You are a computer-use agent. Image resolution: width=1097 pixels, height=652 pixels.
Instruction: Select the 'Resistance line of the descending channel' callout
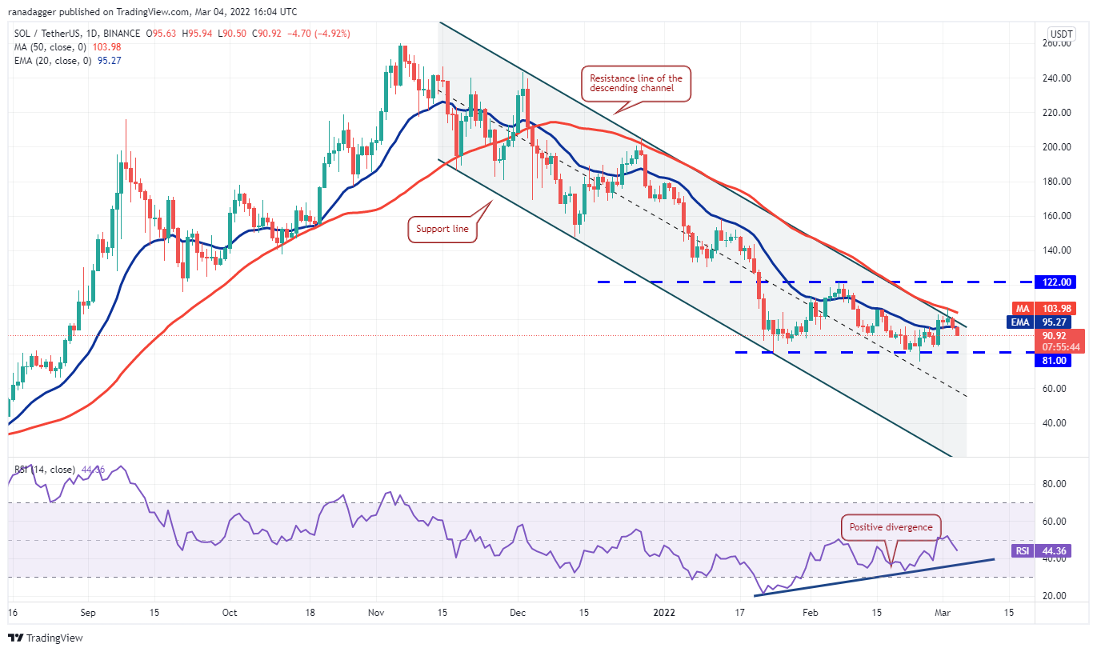tap(635, 83)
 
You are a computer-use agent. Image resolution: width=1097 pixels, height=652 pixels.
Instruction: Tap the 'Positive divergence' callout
tap(891, 527)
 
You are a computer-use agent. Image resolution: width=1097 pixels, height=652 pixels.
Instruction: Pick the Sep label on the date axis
tap(89, 614)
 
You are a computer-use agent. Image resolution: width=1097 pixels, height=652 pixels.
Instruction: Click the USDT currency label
tap(1061, 34)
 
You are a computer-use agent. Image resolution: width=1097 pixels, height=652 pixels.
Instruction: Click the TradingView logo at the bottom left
tap(46, 638)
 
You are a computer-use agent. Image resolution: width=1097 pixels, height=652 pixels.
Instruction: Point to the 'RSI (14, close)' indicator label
tap(42, 470)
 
